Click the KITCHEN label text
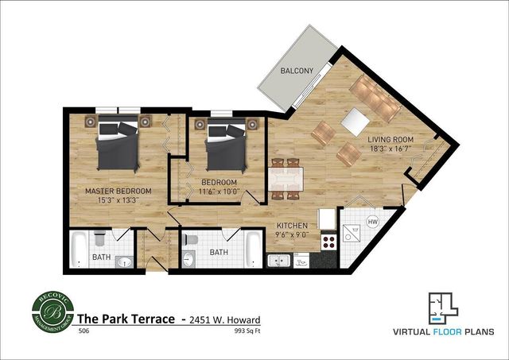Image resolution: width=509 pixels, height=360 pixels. tap(292, 224)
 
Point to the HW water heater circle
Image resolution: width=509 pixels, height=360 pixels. tap(371, 222)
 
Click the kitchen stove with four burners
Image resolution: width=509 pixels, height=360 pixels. tap(328, 242)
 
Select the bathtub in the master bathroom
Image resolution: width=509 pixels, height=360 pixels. tap(79, 250)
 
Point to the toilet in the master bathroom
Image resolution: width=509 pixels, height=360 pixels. tap(99, 238)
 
